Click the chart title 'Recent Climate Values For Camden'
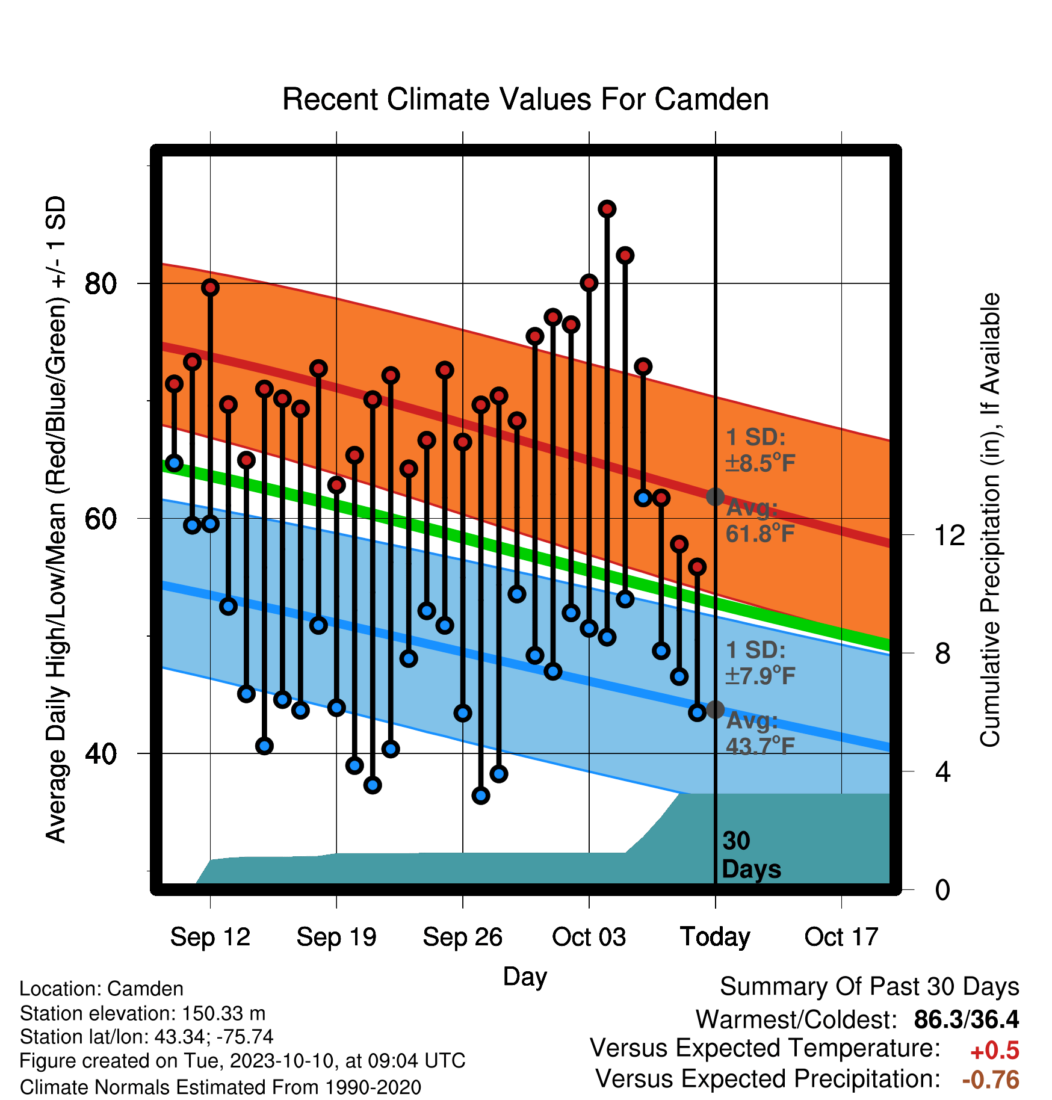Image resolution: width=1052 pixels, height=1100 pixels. point(525,99)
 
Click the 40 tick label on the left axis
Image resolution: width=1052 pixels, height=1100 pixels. point(101,753)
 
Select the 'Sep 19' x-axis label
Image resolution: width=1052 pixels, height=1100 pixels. point(336,937)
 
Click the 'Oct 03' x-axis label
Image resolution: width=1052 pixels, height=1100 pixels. point(589,937)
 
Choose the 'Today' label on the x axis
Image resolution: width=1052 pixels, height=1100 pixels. point(715,937)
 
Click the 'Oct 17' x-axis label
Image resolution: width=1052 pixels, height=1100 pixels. point(841,937)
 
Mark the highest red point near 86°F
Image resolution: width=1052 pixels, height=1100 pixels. point(607,209)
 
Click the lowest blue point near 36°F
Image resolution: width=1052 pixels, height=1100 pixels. point(481,796)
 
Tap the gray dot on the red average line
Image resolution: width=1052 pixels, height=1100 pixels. point(715,497)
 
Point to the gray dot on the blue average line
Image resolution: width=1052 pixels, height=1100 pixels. point(715,710)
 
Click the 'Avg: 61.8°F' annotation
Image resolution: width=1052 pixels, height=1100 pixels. point(760,521)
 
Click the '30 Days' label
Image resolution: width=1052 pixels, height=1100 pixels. point(751,855)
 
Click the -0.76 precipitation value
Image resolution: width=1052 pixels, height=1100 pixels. point(991,1080)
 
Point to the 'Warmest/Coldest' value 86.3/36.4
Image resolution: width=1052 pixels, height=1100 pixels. point(967,1019)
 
